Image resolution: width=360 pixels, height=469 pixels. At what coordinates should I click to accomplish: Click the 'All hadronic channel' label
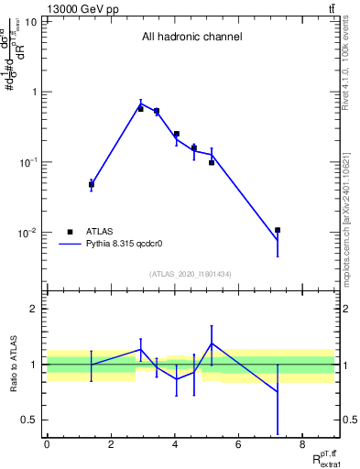[191, 38]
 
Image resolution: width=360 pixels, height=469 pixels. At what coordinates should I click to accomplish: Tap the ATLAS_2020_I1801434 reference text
[191, 274]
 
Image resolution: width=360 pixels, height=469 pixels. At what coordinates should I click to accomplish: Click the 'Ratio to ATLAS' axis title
[14, 365]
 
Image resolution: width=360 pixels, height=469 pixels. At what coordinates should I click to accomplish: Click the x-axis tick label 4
[174, 444]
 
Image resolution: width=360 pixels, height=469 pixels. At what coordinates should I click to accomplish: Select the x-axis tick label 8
[301, 444]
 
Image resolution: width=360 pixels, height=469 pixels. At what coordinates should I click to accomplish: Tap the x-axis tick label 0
[47, 444]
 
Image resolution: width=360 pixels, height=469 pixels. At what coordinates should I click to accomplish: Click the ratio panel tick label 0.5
[29, 420]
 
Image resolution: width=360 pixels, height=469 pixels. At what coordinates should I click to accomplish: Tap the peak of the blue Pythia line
[140, 104]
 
